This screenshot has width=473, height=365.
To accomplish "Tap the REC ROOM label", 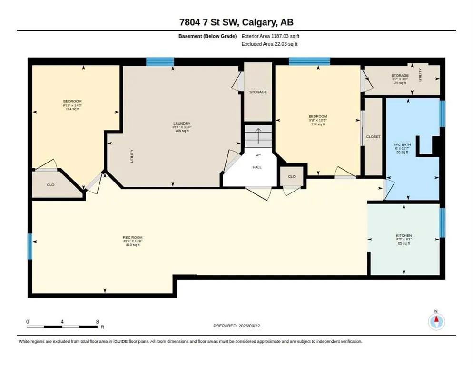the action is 133,238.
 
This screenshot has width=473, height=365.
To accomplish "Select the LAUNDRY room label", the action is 182,123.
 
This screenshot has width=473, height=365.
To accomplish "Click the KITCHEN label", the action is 404,235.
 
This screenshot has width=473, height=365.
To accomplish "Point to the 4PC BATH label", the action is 403,144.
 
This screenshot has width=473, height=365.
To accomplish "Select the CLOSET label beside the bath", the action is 373,137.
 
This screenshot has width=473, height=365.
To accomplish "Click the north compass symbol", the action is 436,322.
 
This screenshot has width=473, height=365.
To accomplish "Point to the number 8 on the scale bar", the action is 98,322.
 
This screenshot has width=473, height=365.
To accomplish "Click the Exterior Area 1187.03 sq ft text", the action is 270,36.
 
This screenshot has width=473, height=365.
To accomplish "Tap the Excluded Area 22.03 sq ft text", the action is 270,44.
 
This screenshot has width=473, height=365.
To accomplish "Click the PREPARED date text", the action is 236,326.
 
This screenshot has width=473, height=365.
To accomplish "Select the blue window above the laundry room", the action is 160,61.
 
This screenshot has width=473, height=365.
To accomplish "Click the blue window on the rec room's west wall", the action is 30,247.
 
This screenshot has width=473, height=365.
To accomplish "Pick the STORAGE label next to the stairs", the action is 258,92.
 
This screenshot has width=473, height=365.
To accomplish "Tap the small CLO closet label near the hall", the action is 292,176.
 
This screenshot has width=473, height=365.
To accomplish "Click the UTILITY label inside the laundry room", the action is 132,156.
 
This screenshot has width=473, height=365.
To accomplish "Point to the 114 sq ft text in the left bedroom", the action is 72,109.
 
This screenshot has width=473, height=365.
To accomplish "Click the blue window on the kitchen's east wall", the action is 442,223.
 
